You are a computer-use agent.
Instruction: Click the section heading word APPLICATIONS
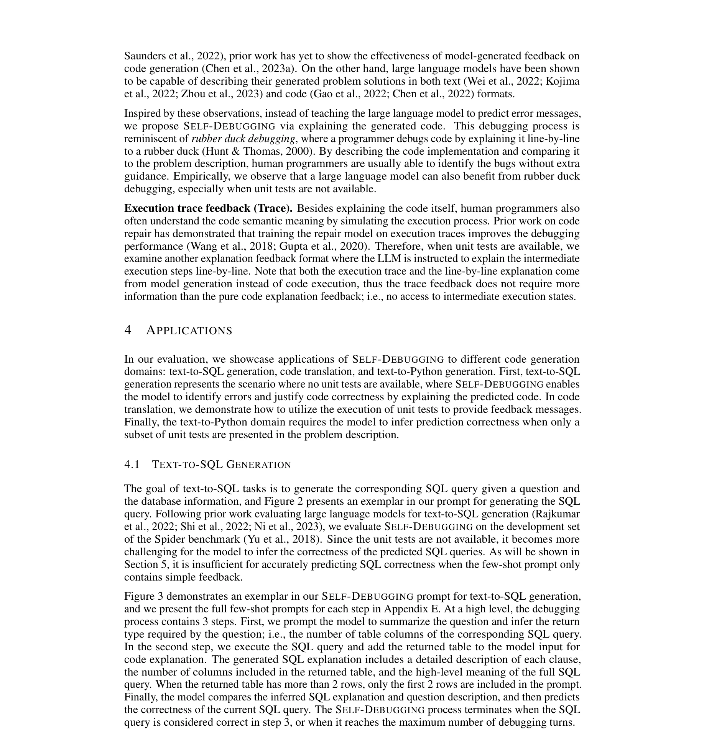click(189, 330)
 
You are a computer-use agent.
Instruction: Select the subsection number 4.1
click(132, 465)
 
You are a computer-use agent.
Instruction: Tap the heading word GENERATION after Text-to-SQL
click(259, 465)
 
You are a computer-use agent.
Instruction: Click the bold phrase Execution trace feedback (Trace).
click(208, 208)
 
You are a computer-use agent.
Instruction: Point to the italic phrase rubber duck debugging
click(243, 139)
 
